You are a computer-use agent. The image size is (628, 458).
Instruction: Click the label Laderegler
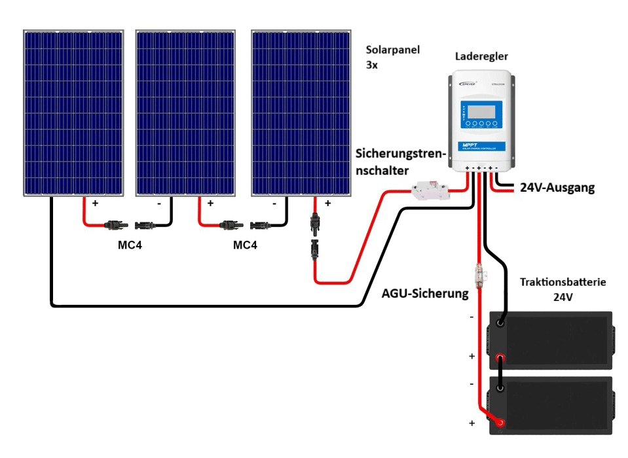tap(481, 57)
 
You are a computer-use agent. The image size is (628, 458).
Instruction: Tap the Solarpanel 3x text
tap(393, 58)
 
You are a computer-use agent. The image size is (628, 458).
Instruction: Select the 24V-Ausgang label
tap(557, 188)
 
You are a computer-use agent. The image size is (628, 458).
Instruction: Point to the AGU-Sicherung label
tap(425, 294)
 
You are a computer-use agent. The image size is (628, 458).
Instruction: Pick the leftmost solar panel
tap(73, 113)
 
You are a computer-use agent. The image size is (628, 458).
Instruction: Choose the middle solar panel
tap(185, 113)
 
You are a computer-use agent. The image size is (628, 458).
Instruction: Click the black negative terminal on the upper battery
tap(501, 323)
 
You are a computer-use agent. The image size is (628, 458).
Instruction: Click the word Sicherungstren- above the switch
tap(401, 154)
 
